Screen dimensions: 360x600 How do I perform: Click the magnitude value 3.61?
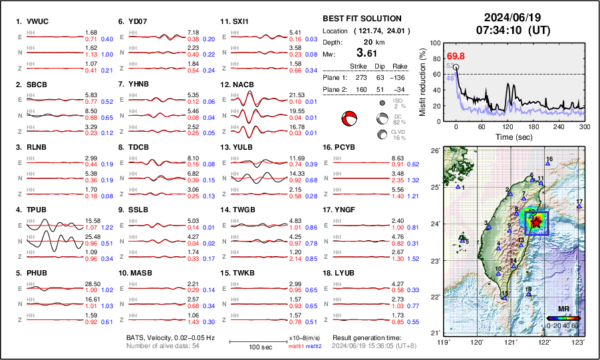(x=371, y=53)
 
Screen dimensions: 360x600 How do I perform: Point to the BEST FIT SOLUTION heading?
(x=361, y=19)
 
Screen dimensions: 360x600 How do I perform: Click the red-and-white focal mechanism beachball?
(x=349, y=119)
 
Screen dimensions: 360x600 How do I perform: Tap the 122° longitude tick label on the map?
(x=544, y=343)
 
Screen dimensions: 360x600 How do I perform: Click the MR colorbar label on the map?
(x=563, y=309)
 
